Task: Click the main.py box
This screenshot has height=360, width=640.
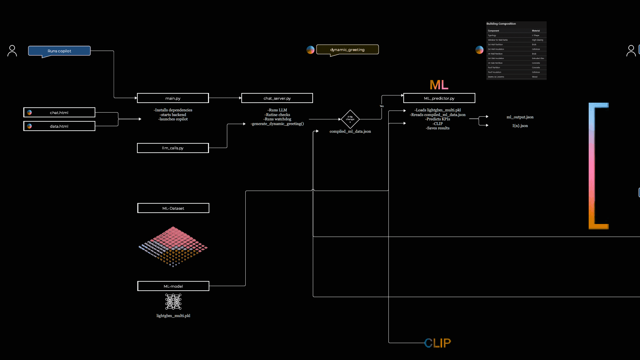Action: point(173,98)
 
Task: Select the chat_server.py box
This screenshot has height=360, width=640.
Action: point(277,98)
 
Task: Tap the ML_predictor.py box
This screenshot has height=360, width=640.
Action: point(439,98)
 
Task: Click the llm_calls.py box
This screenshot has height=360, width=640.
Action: point(173,148)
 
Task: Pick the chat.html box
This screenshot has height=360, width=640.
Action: point(59,112)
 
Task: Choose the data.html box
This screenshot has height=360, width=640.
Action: point(59,126)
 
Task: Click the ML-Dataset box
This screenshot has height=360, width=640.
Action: point(173,208)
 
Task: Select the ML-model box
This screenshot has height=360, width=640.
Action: point(173,286)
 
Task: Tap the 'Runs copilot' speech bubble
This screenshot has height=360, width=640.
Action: point(59,51)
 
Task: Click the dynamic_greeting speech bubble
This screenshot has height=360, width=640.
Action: point(347,49)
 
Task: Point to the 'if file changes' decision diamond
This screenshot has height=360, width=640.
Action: point(350,119)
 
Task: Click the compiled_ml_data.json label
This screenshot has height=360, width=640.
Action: point(350,131)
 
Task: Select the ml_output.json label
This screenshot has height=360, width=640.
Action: point(520,117)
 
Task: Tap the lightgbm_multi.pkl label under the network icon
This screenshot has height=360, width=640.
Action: point(173,316)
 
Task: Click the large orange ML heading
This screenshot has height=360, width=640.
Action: point(439,85)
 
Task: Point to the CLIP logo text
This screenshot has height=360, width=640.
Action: point(437,343)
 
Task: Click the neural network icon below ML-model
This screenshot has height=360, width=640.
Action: point(173,302)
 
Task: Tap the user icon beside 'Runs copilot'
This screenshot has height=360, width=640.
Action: point(12,51)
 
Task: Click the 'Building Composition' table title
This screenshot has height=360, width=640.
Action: point(501,24)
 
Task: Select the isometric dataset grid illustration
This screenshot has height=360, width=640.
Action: point(173,247)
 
